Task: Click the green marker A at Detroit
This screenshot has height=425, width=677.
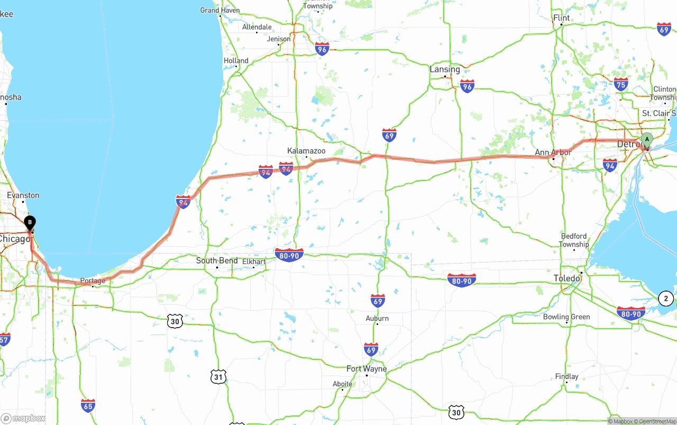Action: coord(646,140)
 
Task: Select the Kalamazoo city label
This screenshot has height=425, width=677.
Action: coord(306,151)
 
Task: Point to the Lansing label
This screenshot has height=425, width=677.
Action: coord(445,69)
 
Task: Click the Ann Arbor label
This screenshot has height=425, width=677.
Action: coord(553,152)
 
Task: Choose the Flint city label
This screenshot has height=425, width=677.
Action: coord(561,18)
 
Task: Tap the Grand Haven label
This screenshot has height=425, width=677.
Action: coord(219,10)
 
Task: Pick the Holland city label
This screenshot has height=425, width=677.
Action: coord(236,61)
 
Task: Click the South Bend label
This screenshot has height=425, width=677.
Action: coord(217,260)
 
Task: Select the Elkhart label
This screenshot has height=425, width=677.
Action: coord(254,261)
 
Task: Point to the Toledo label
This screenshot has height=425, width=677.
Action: coord(567,278)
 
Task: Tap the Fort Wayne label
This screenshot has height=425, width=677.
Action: coord(367,368)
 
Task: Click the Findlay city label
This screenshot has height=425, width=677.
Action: coord(566,376)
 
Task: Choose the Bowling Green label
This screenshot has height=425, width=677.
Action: coord(566,317)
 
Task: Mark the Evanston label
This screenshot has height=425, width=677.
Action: coord(23,195)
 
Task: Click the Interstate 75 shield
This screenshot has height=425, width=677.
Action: coord(621,84)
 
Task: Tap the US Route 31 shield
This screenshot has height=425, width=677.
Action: coord(218,376)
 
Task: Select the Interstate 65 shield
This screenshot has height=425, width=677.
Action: coord(88,406)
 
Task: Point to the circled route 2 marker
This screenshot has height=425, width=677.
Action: coord(666,299)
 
